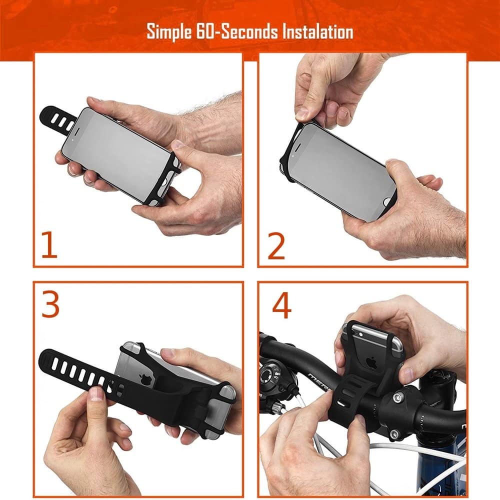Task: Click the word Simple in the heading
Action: click(169, 31)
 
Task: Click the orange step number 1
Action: click(49, 244)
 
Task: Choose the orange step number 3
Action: click(50, 304)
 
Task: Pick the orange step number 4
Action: click(282, 305)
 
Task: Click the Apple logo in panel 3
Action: click(145, 379)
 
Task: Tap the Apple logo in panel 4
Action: click(371, 362)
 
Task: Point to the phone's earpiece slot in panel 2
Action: click(297, 147)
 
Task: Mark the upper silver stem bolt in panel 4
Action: click(397, 397)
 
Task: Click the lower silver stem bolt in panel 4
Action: click(394, 434)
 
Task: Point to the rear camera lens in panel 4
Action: click(360, 334)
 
